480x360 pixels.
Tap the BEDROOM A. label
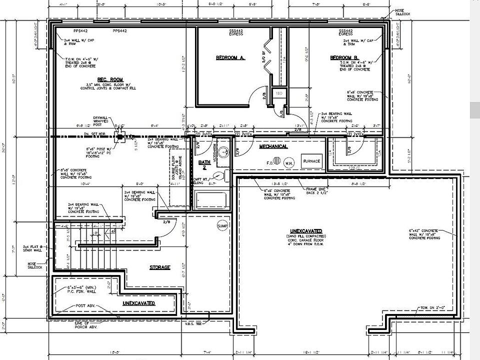click(230, 58)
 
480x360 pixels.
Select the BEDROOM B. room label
click(344, 58)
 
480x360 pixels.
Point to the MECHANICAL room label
click(273, 146)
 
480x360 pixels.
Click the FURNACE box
click(311, 161)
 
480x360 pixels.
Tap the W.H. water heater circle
click(289, 163)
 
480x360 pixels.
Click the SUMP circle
click(222, 226)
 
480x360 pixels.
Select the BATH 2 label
click(204, 164)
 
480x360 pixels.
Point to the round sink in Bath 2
click(224, 151)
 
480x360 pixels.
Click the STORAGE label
click(160, 267)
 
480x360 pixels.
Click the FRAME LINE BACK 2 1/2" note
click(320, 190)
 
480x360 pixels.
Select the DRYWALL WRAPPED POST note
click(100, 121)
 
